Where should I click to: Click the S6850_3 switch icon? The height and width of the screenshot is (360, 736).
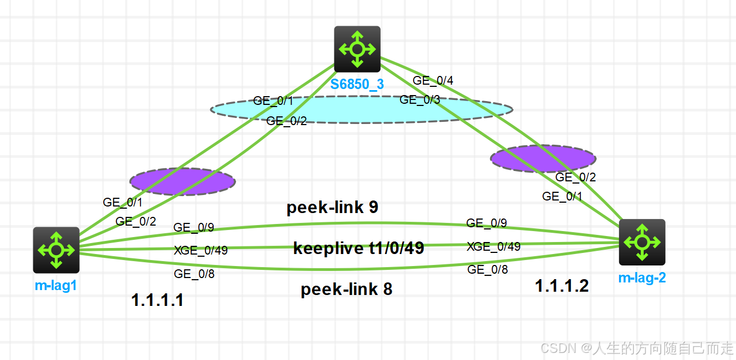(357, 49)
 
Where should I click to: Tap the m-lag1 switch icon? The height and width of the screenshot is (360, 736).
(56, 250)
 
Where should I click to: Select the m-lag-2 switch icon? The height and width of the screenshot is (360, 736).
(641, 242)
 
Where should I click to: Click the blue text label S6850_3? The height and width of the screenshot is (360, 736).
(357, 85)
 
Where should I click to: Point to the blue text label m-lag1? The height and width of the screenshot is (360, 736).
(56, 285)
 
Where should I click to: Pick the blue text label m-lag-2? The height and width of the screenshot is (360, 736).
(642, 278)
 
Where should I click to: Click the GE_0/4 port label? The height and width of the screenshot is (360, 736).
(433, 81)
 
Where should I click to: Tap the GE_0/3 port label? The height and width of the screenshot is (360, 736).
(420, 99)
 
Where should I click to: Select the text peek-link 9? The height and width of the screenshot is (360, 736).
(332, 208)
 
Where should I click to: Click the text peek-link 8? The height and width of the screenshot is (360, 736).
(346, 290)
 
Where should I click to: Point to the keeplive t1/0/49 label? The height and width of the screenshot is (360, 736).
(358, 249)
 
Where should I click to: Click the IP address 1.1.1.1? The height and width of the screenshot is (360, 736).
(157, 300)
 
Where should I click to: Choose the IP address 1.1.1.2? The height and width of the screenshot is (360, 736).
(562, 286)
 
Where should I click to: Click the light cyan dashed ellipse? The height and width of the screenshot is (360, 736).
(362, 110)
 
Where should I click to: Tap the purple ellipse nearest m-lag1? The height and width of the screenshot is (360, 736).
(182, 181)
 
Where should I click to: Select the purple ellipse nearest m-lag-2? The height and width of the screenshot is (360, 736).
(543, 158)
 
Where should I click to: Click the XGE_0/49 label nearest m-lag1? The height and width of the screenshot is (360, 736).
(201, 251)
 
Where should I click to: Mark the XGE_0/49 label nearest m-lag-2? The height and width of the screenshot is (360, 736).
(493, 246)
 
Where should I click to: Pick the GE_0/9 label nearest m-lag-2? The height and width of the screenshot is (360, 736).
(486, 223)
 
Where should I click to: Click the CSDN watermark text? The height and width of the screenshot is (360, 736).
(637, 347)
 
